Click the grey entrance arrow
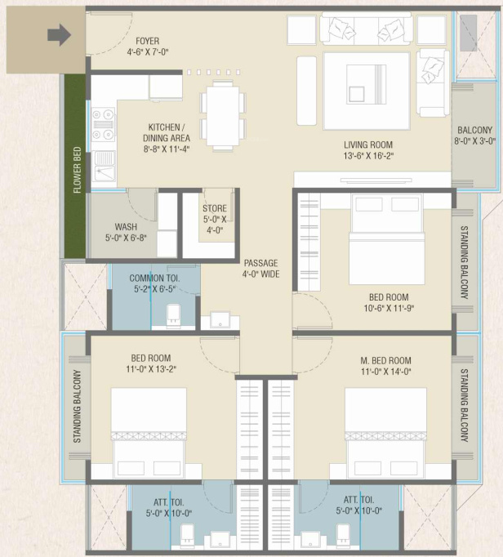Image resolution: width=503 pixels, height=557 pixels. click(60, 35)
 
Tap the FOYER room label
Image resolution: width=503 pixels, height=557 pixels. click(148, 41)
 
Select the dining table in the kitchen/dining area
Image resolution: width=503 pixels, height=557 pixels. click(223, 116)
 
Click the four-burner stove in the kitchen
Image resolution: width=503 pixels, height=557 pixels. click(104, 124)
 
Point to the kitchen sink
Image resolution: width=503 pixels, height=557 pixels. click(104, 167)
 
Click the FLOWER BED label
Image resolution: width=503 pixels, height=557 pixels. click(77, 170)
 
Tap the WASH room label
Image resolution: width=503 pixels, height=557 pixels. click(126, 226)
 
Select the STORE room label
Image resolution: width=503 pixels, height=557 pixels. click(215, 208)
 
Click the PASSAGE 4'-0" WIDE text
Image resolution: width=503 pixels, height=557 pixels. click(261, 269)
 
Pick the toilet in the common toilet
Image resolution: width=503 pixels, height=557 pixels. click(173, 314)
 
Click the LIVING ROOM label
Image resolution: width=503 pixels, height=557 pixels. click(368, 145)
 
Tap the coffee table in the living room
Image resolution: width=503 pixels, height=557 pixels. click(367, 91)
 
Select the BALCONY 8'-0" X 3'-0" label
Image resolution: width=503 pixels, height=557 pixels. click(474, 136)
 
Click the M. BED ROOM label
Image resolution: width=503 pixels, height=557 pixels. click(385, 361)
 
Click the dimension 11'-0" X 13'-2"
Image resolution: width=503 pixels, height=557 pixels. click(151, 369)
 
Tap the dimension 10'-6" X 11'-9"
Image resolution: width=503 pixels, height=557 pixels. click(389, 308)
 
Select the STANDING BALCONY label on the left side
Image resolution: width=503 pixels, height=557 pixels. click(77, 407)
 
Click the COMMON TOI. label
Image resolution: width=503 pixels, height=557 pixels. click(154, 278)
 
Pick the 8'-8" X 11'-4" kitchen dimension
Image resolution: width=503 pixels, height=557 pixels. click(167, 149)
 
